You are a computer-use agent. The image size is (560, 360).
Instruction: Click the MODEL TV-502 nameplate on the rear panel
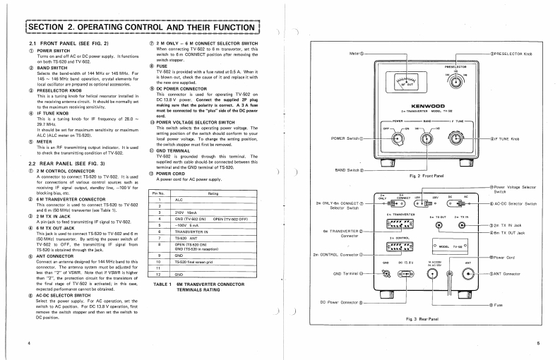coord(446,246)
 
